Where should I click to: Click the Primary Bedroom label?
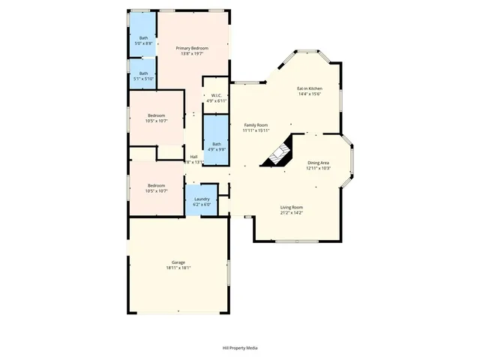(x=192, y=48)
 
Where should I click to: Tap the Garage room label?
(x=178, y=262)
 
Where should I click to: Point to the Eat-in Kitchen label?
(x=310, y=88)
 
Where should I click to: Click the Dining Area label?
(x=319, y=162)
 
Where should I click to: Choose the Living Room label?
(x=292, y=207)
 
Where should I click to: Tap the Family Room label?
(x=256, y=124)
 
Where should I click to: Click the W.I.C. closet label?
(x=216, y=95)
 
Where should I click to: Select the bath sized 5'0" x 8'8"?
(x=143, y=39)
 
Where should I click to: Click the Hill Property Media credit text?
(x=240, y=348)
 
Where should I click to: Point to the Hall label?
(x=193, y=157)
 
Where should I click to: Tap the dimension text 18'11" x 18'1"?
(x=178, y=268)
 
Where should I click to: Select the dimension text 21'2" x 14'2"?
(x=292, y=212)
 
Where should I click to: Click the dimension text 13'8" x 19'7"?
(x=192, y=53)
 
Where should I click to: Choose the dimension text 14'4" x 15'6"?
(x=310, y=94)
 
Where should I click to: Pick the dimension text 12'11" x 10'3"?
(x=319, y=167)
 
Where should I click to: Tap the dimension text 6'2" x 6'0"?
(x=202, y=205)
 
